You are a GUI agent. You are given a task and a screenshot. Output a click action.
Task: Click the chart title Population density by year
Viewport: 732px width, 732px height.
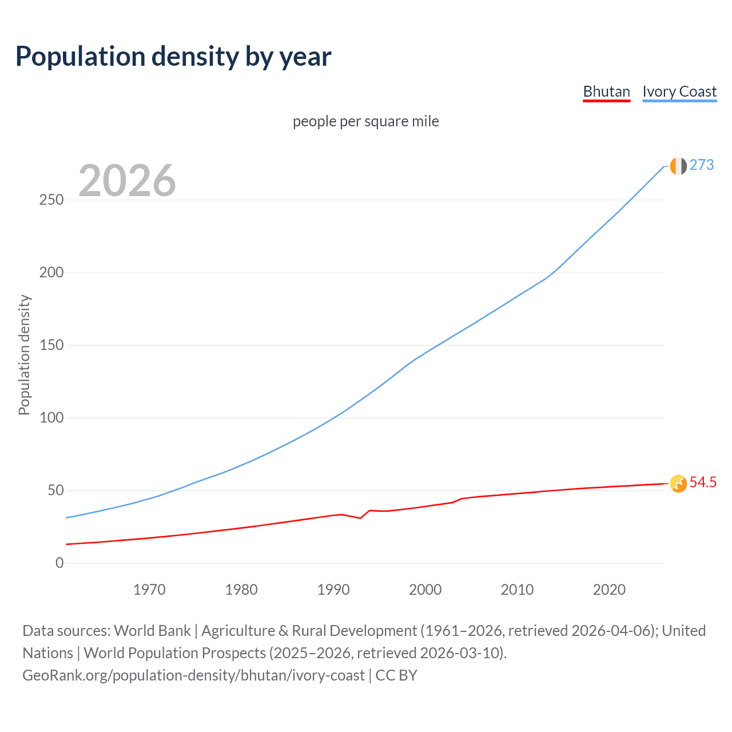pos(173,57)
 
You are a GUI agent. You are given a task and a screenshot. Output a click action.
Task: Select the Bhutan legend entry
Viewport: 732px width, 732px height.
pos(606,91)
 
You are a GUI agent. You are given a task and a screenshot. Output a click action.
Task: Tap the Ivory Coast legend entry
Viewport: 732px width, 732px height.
pos(679,91)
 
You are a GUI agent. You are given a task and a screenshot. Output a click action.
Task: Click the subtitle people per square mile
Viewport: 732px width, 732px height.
pos(365,121)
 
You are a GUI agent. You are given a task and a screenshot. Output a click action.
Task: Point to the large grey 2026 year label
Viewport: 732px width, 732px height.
pos(127,181)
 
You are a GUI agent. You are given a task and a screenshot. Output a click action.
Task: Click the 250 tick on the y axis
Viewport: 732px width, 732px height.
pos(51,200)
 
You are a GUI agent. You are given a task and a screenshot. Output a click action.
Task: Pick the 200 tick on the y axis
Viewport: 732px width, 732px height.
pos(51,273)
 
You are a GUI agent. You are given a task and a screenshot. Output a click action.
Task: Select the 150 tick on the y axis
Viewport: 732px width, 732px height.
pos(51,345)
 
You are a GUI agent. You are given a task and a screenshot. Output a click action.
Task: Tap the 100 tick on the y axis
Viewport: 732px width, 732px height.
pos(51,418)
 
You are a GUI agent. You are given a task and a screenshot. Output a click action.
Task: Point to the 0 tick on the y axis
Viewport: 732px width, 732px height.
pos(59,563)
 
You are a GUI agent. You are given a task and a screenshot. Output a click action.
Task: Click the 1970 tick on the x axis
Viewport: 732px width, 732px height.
pos(149,590)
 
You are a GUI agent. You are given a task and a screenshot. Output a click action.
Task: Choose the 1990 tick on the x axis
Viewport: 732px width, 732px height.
pos(333,590)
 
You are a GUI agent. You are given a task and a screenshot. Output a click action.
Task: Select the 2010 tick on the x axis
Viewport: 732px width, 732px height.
pos(517,590)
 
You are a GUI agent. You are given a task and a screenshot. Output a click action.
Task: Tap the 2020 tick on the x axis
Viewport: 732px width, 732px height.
pos(609,590)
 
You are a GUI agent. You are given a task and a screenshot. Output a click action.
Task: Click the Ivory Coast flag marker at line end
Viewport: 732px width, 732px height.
pos(678,166)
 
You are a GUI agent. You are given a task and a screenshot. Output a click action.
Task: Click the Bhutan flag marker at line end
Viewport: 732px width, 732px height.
pos(678,484)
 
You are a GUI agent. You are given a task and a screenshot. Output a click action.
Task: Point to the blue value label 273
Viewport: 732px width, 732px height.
pos(702,165)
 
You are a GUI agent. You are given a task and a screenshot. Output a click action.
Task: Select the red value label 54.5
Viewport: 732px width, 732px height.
pos(703,483)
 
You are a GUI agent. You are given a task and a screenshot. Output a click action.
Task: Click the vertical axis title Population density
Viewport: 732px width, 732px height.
pos(24,355)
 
